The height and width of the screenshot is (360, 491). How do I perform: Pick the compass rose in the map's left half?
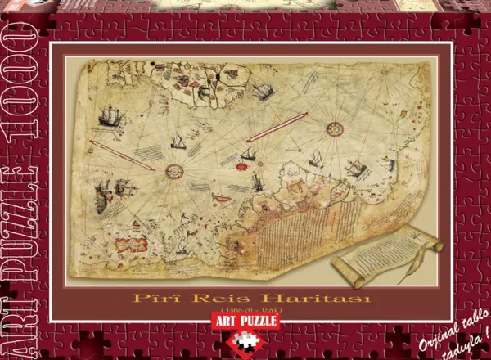click(173, 170)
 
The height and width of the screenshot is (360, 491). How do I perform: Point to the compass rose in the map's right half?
click(334, 128)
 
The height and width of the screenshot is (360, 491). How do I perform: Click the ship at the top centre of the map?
click(262, 92)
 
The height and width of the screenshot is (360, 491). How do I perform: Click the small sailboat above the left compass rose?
click(176, 142)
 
